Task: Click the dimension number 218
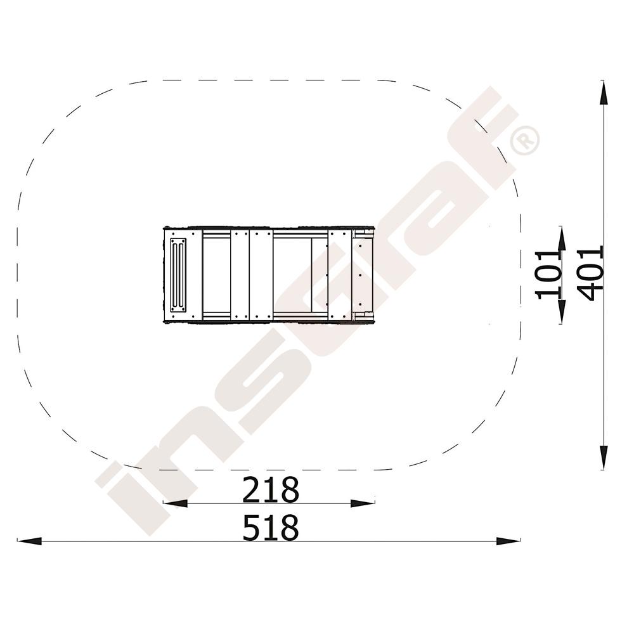click(271, 489)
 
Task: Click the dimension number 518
click(271, 527)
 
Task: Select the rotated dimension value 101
click(549, 275)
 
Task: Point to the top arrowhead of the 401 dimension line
click(603, 93)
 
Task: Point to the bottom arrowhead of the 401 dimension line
click(603, 457)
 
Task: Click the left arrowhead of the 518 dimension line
click(30, 541)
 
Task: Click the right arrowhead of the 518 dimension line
click(508, 541)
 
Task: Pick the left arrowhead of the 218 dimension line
click(175, 503)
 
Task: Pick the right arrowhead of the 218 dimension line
click(363, 503)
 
